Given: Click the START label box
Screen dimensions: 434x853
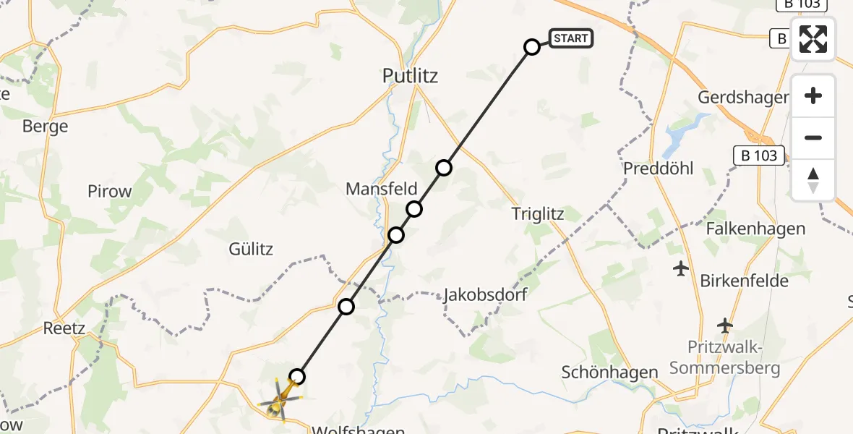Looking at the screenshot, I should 571,38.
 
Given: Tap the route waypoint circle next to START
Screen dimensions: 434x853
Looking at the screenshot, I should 532,47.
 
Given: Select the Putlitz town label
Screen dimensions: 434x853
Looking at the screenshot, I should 411,76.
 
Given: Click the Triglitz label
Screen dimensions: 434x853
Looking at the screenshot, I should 537,213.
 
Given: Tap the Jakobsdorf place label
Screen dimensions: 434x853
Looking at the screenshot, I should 485,294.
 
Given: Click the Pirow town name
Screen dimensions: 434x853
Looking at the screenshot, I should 110,192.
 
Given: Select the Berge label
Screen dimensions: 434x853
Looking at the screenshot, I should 45,127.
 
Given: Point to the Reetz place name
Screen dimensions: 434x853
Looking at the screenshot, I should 64,328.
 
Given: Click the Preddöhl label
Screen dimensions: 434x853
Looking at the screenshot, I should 659,169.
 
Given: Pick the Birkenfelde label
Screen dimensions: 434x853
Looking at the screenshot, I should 744,281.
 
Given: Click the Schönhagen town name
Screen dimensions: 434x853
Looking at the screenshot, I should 600,373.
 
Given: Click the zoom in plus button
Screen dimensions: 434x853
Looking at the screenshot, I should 813,95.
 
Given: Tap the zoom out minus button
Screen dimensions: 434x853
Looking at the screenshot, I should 813,137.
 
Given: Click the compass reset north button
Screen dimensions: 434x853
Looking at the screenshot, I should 813,179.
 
